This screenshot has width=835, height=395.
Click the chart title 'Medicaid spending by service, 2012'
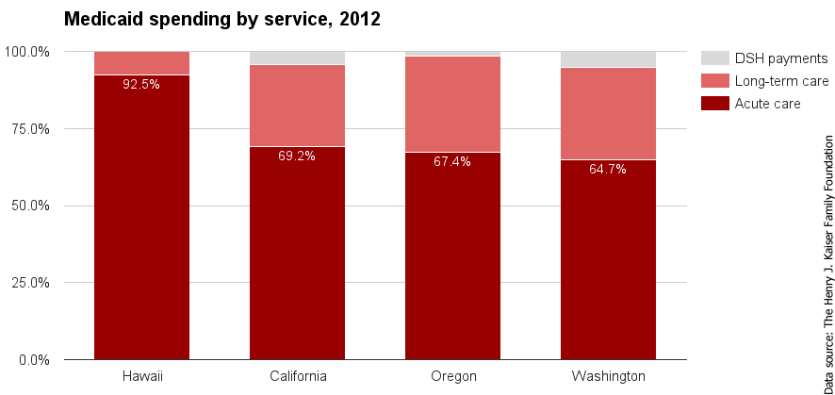click(x=221, y=19)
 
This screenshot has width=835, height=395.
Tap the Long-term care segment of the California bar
click(x=297, y=106)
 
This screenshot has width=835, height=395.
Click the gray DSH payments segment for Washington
click(x=608, y=59)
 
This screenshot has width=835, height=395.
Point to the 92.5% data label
click(x=141, y=84)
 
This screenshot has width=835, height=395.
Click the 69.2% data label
click(x=297, y=156)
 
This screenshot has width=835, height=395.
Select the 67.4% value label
click(x=452, y=161)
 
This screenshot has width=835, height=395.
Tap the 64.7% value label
click(x=608, y=170)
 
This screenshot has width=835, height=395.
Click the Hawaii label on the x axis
click(x=141, y=376)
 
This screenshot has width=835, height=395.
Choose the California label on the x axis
click(x=297, y=376)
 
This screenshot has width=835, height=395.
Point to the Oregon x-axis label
click(x=452, y=376)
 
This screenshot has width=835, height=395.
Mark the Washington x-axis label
click(x=608, y=376)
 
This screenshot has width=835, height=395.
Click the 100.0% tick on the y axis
click(x=30, y=51)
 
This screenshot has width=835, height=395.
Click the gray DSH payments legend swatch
click(x=715, y=58)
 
